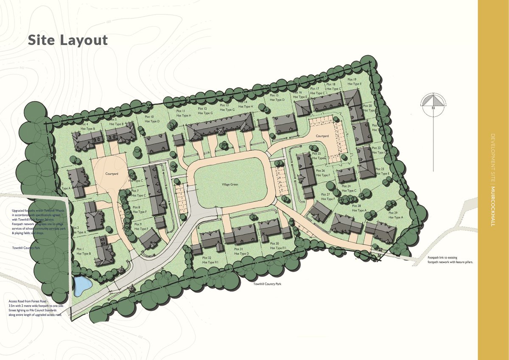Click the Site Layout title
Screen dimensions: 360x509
[x=68, y=40]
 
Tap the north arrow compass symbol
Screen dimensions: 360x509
[x=433, y=102]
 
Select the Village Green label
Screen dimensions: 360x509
[x=230, y=185]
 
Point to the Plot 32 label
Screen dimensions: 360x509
[x=207, y=258]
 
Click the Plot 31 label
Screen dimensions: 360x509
[x=238, y=249]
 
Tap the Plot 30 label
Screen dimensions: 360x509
[x=274, y=244]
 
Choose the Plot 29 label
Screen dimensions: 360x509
[x=392, y=213]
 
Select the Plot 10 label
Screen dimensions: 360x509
[x=149, y=117]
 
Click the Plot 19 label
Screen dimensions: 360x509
[x=352, y=79]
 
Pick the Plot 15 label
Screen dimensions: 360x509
[x=274, y=96]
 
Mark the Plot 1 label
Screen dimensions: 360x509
[x=80, y=249]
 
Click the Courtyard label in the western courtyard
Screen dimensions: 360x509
[x=112, y=174]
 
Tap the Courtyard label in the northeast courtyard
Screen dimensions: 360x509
[x=322, y=136]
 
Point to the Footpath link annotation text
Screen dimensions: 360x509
[x=450, y=260]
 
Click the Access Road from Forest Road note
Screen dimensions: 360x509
[x=36, y=308]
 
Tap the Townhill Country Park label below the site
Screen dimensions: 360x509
[x=267, y=284]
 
